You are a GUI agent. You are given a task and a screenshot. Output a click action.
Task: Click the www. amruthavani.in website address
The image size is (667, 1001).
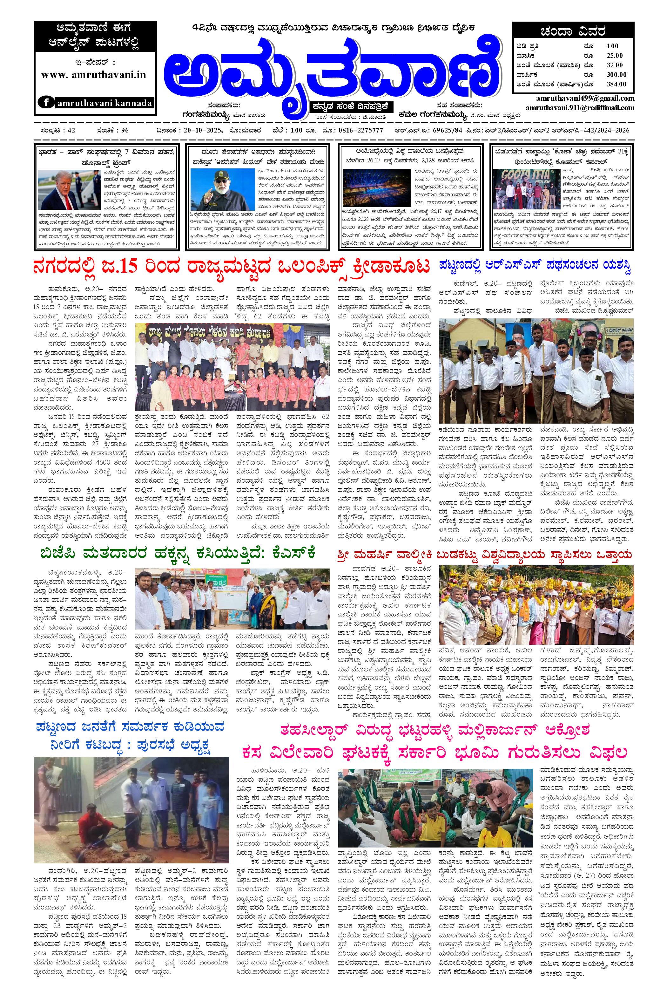pos(94,75)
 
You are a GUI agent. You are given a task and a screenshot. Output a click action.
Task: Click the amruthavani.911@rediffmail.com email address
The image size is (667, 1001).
pos(574,108)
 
